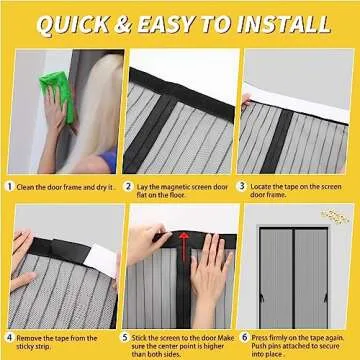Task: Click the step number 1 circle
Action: [10, 186]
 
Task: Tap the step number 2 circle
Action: [127, 186]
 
